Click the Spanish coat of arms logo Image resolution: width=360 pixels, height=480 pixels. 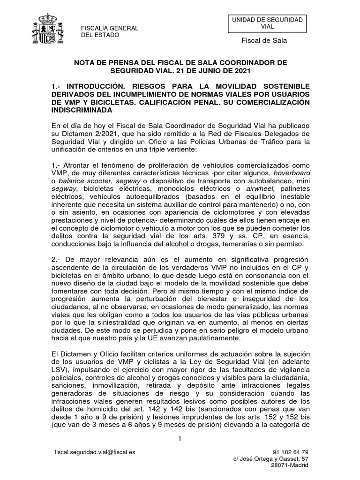click(x=49, y=30)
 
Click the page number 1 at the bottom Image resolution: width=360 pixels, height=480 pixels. click(x=179, y=438)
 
